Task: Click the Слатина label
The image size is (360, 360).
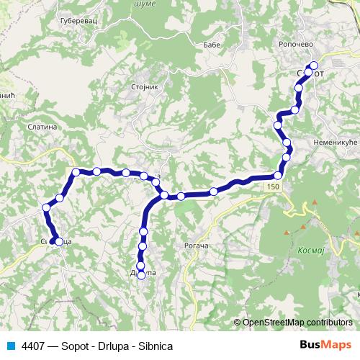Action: [x=42, y=127]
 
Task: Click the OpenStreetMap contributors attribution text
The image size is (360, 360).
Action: [x=297, y=323]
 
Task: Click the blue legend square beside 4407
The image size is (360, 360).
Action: [x=11, y=345]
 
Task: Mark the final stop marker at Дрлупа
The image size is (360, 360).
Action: [x=142, y=274]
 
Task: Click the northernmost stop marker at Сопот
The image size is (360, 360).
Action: [x=313, y=66]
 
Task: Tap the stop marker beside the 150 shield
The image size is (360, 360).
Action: [x=278, y=176]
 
